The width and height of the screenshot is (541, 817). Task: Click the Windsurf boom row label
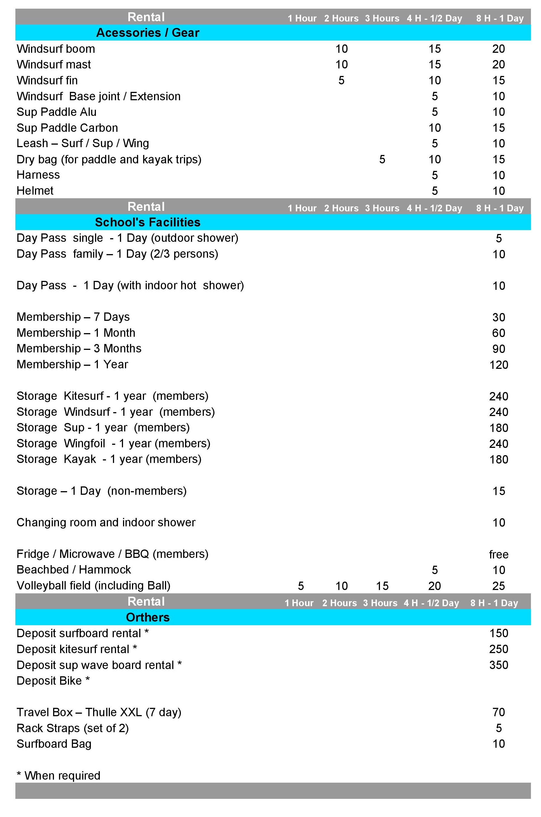(x=56, y=49)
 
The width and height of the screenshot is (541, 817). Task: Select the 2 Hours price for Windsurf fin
(x=341, y=80)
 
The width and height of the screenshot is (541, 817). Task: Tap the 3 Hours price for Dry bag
(x=382, y=159)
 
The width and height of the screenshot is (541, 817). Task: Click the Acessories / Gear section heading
(x=148, y=33)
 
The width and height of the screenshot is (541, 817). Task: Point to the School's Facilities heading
(x=148, y=222)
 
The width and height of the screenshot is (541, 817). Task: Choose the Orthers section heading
(x=148, y=617)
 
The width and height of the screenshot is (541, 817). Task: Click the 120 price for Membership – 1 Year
(x=499, y=365)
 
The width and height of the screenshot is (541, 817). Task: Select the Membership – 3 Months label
(x=79, y=348)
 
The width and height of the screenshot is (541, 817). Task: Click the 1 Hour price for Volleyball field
(x=301, y=586)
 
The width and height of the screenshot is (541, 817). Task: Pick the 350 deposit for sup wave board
(x=499, y=665)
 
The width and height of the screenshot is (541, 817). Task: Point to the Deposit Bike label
(x=53, y=680)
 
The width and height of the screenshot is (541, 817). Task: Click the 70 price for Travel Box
(x=499, y=712)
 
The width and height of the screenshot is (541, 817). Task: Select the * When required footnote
(x=59, y=775)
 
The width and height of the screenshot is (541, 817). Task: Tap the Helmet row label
(x=35, y=190)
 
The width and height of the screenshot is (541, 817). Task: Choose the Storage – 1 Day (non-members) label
(x=101, y=491)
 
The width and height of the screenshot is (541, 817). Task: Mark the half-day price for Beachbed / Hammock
(x=435, y=570)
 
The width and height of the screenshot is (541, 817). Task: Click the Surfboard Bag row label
(x=54, y=744)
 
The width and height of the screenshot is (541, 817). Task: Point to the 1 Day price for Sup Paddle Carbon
(x=499, y=128)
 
